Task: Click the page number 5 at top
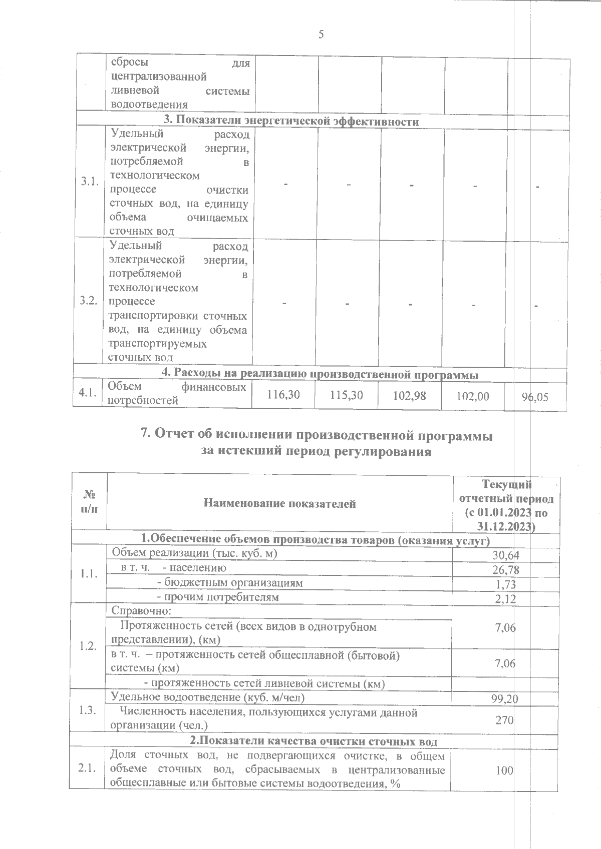click(321, 35)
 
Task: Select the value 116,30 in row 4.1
click(284, 395)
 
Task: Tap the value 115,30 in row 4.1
click(347, 395)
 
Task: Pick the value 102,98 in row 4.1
click(410, 395)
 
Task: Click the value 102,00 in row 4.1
click(473, 396)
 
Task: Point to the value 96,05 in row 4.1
click(535, 397)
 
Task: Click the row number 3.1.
click(89, 182)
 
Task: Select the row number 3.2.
click(88, 301)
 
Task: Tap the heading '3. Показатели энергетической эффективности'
click(291, 122)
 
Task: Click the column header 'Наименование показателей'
click(280, 504)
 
